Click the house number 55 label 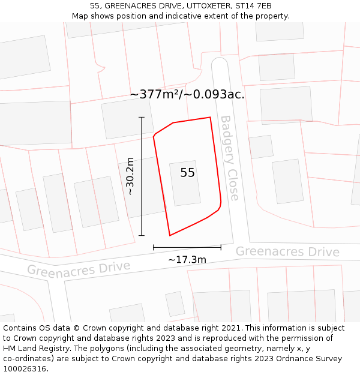pyautogui.click(x=187, y=173)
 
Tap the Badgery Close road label pyautogui.click(x=229, y=158)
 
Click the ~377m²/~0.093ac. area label pyautogui.click(x=187, y=94)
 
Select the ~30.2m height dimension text pyautogui.click(x=130, y=176)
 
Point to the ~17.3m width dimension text pyautogui.click(x=187, y=260)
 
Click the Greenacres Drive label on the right pyautogui.click(x=287, y=251)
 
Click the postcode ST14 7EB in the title pyautogui.click(x=254, y=6)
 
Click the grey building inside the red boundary pyautogui.click(x=185, y=182)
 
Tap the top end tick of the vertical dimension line pyautogui.click(x=142, y=117)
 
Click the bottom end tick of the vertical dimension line pyautogui.click(x=142, y=236)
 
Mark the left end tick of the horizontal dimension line pyautogui.click(x=154, y=247)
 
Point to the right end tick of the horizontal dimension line pyautogui.click(x=221, y=247)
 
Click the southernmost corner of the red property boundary pyautogui.click(x=170, y=235)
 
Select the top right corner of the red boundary pyautogui.click(x=210, y=118)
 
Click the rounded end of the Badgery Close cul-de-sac pyautogui.click(x=220, y=62)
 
